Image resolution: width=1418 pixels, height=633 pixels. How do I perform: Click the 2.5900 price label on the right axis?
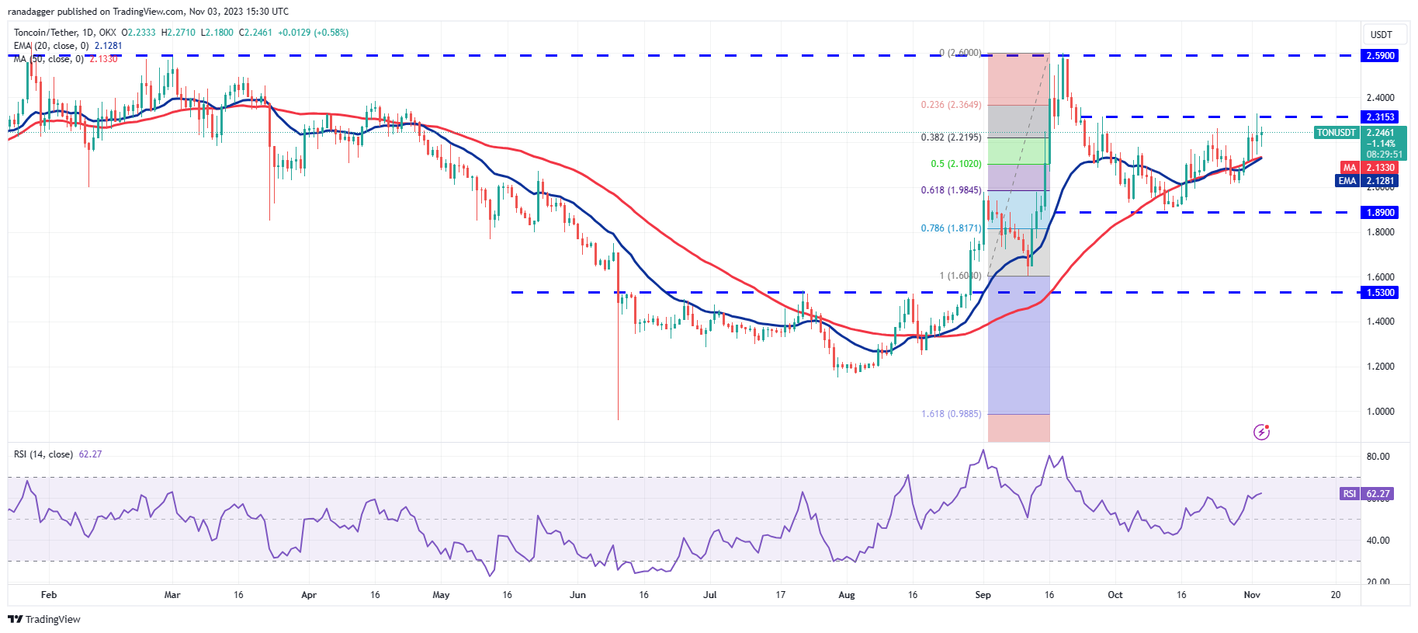[x=1380, y=56]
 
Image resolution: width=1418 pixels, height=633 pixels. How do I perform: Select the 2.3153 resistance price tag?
[x=1380, y=117]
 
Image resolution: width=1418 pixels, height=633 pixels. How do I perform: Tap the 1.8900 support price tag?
[x=1380, y=213]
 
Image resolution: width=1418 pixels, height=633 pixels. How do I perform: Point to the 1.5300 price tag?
[x=1380, y=293]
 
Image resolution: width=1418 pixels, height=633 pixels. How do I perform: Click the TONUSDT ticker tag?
[x=1336, y=133]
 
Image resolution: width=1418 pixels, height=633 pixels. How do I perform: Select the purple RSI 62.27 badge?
[x=1367, y=494]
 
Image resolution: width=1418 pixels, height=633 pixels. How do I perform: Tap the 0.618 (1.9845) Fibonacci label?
[x=951, y=190]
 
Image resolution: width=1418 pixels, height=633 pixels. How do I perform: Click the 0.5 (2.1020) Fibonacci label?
[x=955, y=164]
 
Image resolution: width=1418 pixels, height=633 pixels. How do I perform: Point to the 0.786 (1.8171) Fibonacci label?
[x=951, y=228]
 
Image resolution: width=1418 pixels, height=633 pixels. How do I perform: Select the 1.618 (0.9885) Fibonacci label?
[x=951, y=414]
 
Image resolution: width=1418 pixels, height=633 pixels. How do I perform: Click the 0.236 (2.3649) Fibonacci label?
[x=951, y=105]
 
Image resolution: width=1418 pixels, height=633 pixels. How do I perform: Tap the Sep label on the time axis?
[x=983, y=595]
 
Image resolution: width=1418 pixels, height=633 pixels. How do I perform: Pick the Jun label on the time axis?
[x=577, y=595]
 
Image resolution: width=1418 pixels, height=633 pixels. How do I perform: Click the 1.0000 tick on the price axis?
[x=1380, y=412]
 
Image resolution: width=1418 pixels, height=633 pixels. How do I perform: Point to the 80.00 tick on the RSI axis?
[x=1378, y=457]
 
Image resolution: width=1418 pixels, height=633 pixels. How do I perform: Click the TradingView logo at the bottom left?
[x=44, y=619]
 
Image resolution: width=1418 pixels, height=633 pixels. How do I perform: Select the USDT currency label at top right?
[x=1381, y=35]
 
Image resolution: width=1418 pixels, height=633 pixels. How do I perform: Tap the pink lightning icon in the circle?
[x=1261, y=432]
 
